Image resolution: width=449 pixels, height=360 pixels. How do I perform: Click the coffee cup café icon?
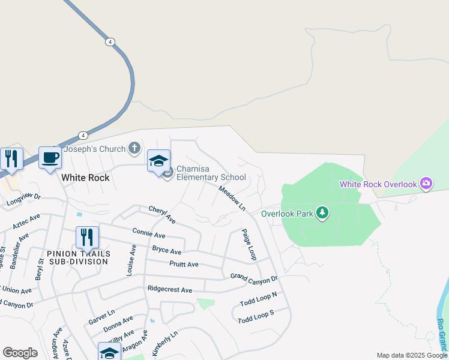[50, 158]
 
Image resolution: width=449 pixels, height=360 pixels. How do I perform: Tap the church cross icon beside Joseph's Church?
[134, 148]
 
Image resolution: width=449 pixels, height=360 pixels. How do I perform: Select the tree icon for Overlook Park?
[322, 213]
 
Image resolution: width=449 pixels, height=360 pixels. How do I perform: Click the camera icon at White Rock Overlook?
[426, 183]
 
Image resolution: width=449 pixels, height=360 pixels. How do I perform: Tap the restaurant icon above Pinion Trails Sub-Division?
[87, 238]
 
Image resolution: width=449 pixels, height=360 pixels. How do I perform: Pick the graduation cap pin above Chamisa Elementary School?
[158, 161]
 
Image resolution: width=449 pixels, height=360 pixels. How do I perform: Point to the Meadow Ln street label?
[232, 197]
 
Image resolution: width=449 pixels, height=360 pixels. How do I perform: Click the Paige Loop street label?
[249, 244]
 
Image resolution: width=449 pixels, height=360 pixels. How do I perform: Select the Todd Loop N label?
[259, 299]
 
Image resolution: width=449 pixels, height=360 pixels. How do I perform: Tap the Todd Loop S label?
[256, 317]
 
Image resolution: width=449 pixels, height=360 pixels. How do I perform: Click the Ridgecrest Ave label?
[170, 290]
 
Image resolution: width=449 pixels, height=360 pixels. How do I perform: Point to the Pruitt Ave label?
[184, 265]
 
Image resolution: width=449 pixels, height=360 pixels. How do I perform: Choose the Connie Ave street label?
[149, 233]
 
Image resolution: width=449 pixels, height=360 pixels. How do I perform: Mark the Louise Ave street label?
[131, 260]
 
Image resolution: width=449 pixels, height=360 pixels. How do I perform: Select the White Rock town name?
[85, 178]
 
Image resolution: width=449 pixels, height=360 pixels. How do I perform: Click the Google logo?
[20, 353]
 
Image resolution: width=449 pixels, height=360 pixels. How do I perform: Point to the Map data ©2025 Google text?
[412, 355]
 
